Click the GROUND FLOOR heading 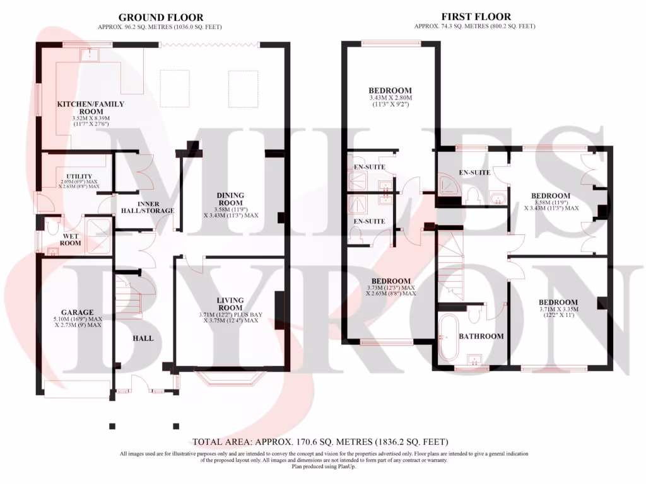[160, 17]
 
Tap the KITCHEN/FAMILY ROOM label [91, 108]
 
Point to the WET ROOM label [70, 239]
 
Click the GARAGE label [77, 312]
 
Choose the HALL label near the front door [143, 338]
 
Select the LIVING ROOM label [230, 304]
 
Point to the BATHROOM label [481, 336]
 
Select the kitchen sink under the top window [88, 56]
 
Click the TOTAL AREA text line [320, 442]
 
